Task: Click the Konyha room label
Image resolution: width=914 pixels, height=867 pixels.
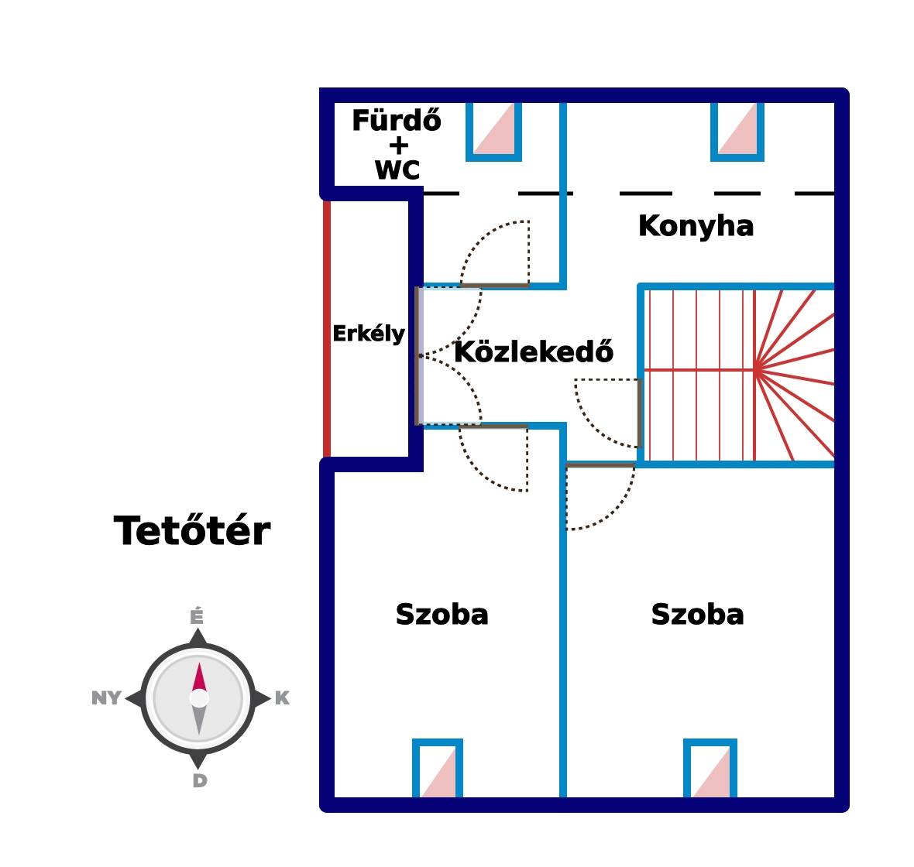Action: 696,226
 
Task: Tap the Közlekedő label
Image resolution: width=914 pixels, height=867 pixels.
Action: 534,352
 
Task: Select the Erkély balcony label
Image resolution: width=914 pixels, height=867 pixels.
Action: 369,334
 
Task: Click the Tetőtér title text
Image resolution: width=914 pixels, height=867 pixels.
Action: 192,532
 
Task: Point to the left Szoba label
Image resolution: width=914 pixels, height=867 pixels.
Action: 442,615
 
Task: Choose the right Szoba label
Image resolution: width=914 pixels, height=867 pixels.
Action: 697,615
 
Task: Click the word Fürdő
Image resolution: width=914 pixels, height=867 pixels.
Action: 397,122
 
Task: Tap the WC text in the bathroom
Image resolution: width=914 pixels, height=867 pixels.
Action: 397,170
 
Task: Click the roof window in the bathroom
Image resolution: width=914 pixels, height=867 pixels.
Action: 494,130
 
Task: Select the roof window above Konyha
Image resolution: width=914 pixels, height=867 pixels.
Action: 737,130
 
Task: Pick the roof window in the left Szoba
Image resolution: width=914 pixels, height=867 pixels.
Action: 438,769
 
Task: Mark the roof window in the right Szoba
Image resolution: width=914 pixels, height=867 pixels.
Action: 710,769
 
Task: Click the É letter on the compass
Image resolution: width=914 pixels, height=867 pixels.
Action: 197,617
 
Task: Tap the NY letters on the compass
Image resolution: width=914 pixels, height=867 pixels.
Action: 106,698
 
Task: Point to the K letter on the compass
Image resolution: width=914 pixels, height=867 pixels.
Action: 282,698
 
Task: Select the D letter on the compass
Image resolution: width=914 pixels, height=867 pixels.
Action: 199,781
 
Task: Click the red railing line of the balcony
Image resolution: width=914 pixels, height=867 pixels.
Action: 327,329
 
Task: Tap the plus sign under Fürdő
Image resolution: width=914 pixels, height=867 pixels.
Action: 398,146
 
